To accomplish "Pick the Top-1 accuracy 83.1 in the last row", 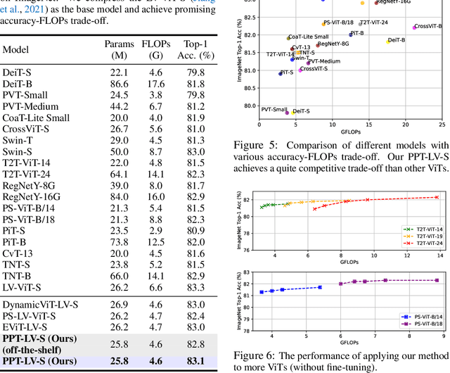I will tap(196, 362).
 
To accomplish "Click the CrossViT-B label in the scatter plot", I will tap(428, 26).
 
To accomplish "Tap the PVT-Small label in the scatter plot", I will tap(274, 109).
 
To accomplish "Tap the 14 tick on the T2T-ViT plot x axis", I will tap(440, 259).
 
